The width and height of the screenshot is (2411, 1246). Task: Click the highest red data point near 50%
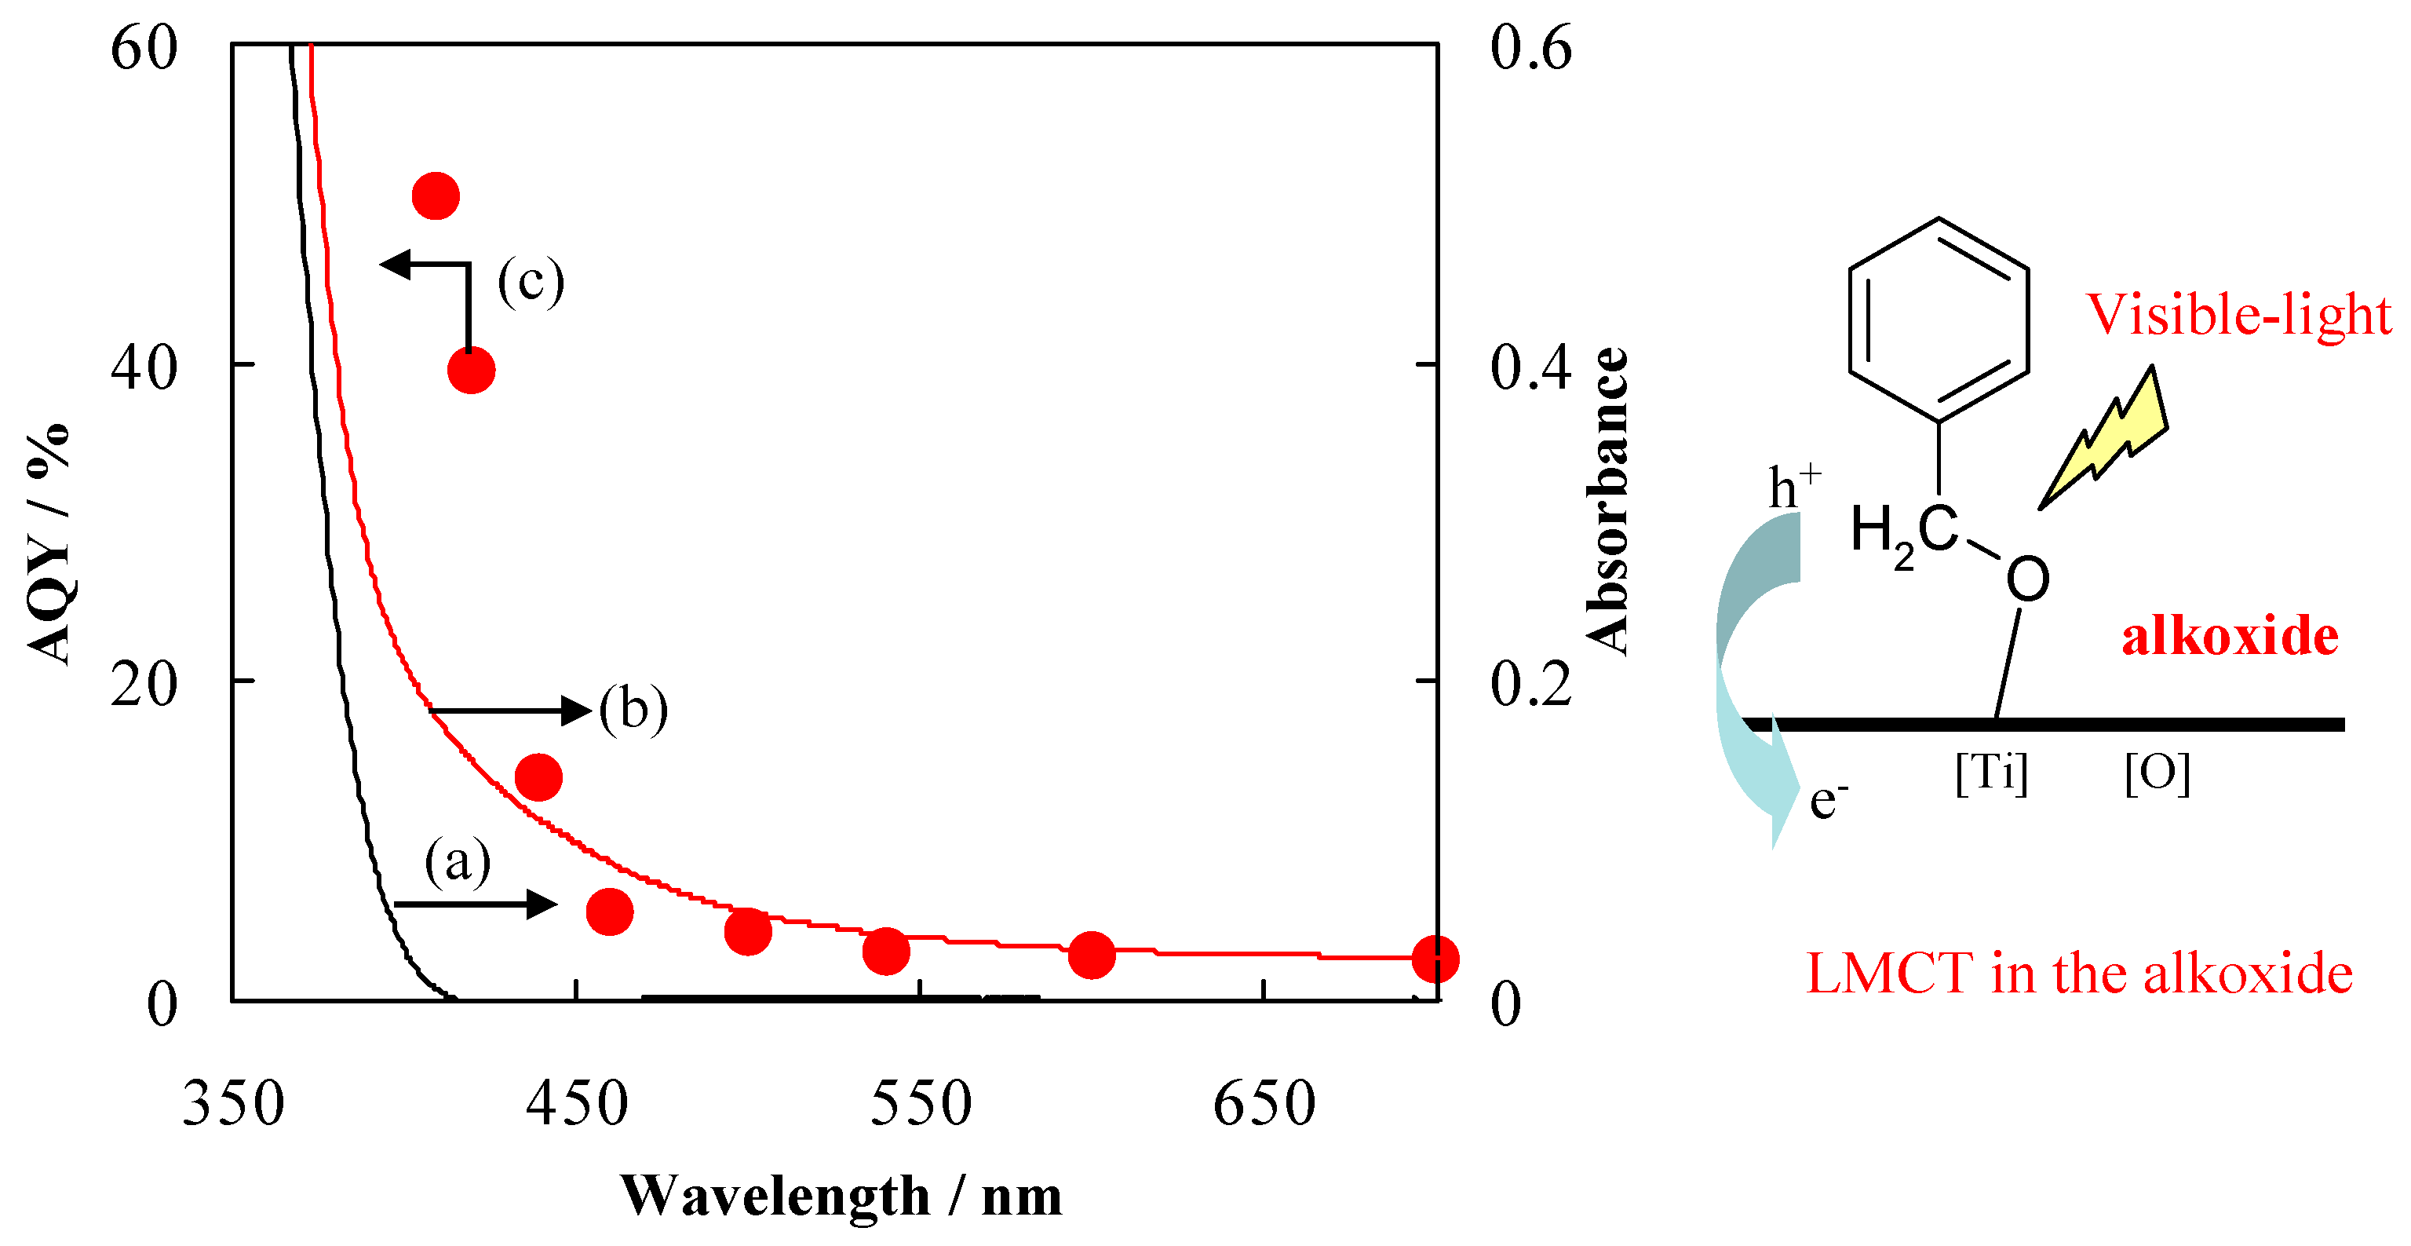click(436, 196)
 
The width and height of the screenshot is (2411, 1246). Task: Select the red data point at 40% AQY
click(471, 371)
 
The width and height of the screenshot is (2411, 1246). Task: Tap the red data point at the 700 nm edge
click(1434, 959)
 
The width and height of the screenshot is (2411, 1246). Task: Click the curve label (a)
click(458, 861)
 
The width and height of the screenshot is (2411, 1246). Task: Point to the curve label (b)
click(633, 709)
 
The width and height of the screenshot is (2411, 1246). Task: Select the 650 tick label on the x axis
click(1264, 1105)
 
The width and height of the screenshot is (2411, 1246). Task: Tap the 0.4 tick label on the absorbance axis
click(1531, 366)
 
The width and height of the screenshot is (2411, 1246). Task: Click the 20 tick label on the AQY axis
click(143, 685)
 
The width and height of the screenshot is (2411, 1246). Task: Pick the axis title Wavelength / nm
click(841, 1197)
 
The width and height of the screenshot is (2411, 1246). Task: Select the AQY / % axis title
click(49, 543)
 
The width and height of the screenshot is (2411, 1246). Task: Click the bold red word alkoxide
click(2230, 637)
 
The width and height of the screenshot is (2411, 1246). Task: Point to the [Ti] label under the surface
click(1991, 773)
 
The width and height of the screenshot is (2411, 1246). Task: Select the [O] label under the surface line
click(2157, 773)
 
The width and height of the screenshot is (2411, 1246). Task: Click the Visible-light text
click(2238, 315)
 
